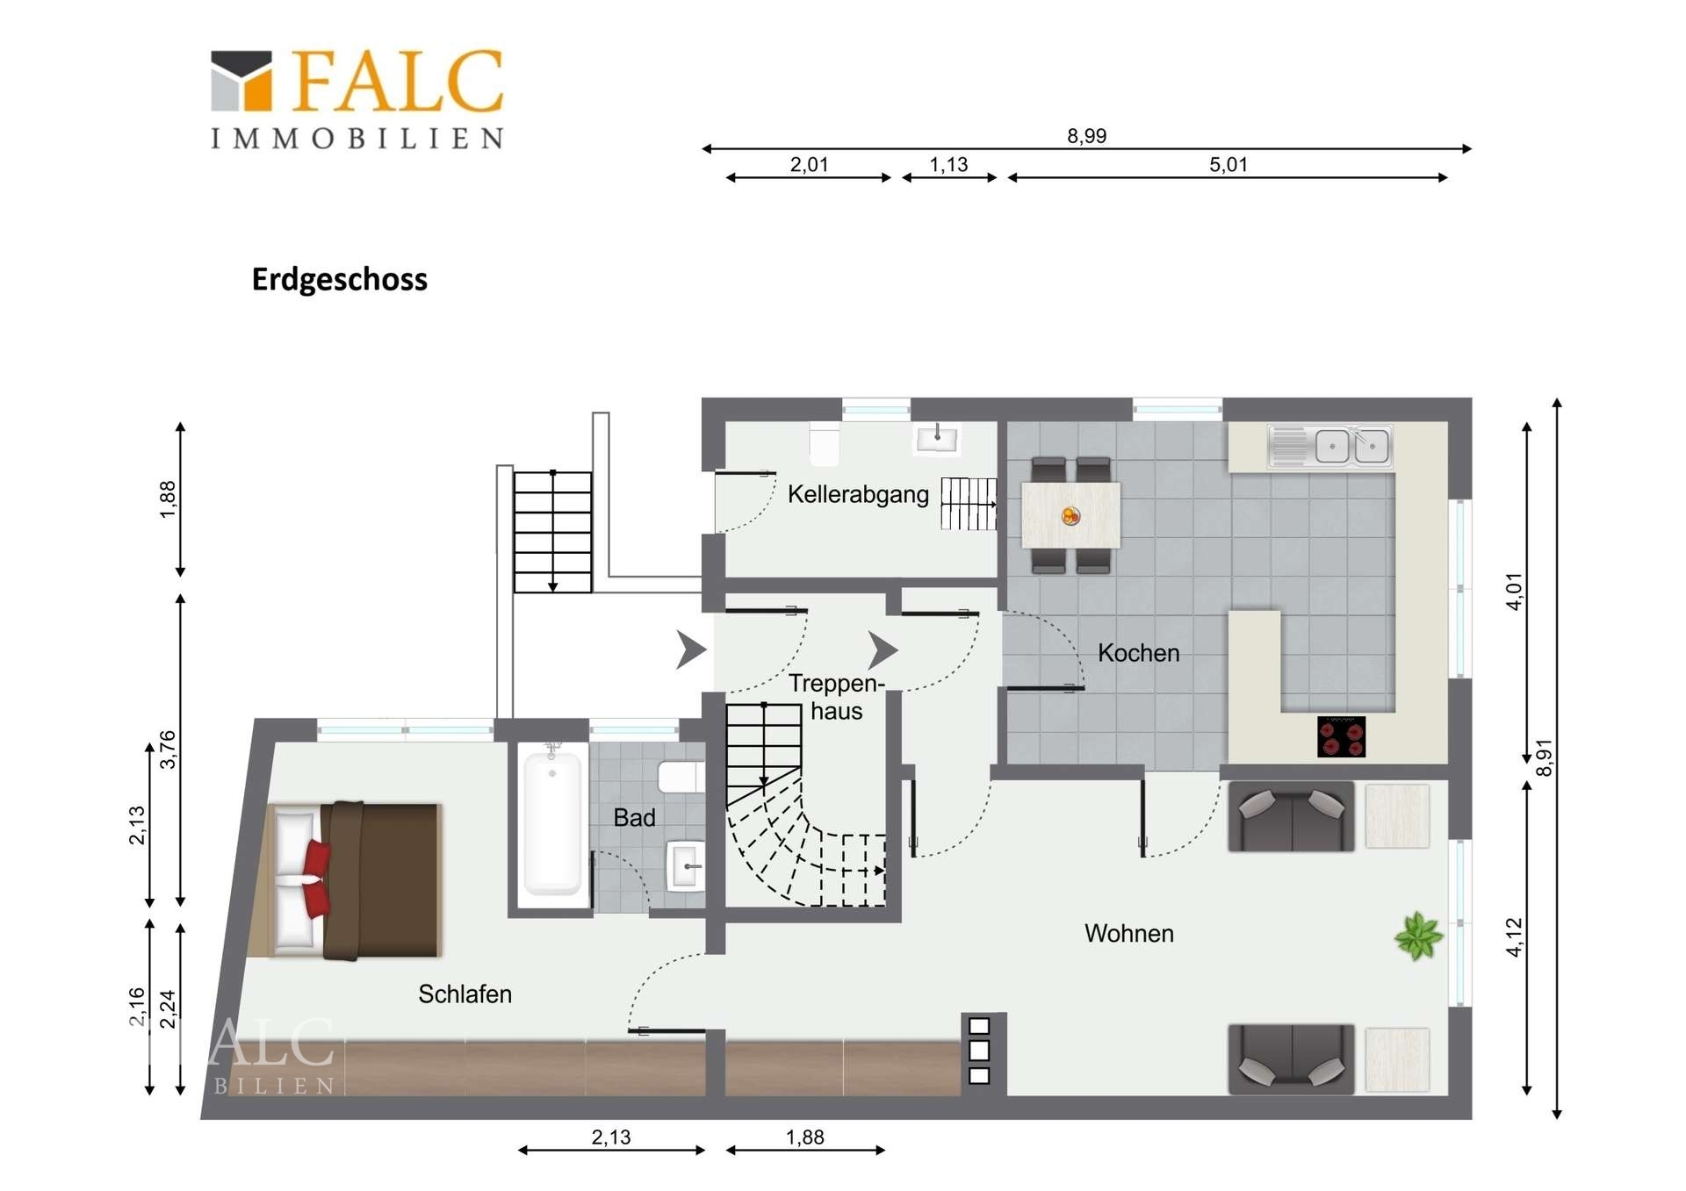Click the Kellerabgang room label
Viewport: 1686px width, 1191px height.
pos(858,494)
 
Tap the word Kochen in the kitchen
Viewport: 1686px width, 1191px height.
pos(1138,653)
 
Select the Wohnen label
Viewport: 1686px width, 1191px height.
pos(1128,933)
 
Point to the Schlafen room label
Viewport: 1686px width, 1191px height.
pos(465,994)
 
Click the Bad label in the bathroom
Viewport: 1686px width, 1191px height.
pos(634,818)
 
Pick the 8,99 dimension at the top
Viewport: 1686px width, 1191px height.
pos(1086,136)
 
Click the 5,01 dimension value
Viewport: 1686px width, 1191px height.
pos(1228,164)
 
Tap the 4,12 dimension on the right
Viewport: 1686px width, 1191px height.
pos(1515,937)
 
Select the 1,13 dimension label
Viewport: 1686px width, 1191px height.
pos(948,164)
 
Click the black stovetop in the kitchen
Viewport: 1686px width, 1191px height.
pos(1341,736)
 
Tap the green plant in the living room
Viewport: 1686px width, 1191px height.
pos(1418,936)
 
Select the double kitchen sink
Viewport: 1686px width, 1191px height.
pos(1330,446)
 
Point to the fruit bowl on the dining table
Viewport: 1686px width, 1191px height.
pos(1070,516)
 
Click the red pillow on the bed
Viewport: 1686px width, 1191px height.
pos(316,877)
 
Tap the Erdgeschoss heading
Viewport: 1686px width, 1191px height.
pos(340,279)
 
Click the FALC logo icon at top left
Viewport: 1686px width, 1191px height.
pos(241,81)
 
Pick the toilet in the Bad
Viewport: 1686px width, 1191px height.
pos(681,778)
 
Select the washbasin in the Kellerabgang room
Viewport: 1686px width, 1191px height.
pos(937,438)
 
